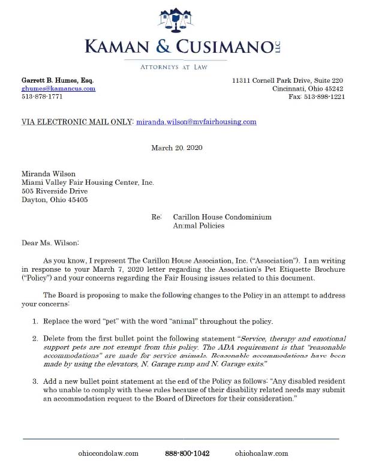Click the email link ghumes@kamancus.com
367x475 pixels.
point(58,88)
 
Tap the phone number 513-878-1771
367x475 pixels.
point(42,96)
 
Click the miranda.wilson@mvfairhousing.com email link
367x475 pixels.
point(197,122)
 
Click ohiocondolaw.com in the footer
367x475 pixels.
point(109,453)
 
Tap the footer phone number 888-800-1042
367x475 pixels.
point(187,453)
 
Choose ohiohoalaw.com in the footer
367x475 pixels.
point(261,453)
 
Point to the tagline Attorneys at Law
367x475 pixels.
point(173,67)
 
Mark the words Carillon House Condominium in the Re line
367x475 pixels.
point(222,217)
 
